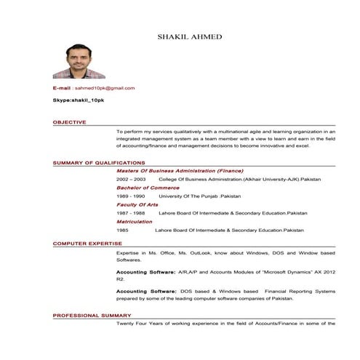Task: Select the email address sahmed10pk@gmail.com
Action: coord(105,88)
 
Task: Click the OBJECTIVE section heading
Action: coord(69,122)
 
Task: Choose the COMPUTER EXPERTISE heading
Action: coord(87,243)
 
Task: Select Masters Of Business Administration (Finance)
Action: coord(180,169)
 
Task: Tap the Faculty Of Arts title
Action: coord(137,204)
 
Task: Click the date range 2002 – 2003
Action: coord(131,178)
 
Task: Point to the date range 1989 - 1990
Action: coord(131,196)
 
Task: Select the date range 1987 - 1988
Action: coord(131,213)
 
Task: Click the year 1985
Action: coord(122,230)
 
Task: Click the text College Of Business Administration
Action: coord(200,178)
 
